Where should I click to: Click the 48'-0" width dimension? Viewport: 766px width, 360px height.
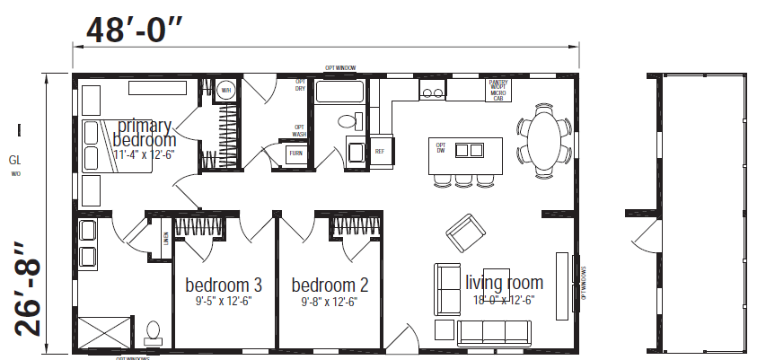pyautogui.click(x=134, y=30)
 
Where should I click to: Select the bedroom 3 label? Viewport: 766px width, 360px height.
pyautogui.click(x=224, y=285)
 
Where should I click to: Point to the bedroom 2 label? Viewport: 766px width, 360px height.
pyautogui.click(x=330, y=285)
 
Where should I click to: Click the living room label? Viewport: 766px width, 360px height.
pyautogui.click(x=504, y=283)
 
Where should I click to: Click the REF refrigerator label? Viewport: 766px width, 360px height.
pyautogui.click(x=380, y=152)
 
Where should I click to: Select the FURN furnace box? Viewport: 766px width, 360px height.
pyautogui.click(x=295, y=155)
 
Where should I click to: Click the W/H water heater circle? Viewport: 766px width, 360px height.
pyautogui.click(x=225, y=91)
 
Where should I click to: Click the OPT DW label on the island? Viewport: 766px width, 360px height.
pyautogui.click(x=441, y=147)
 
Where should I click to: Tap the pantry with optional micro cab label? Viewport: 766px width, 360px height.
pyautogui.click(x=498, y=89)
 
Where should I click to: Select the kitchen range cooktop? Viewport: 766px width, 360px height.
pyautogui.click(x=432, y=90)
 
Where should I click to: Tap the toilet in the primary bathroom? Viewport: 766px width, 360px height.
pyautogui.click(x=153, y=332)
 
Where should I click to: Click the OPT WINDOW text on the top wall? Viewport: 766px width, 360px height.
pyautogui.click(x=341, y=67)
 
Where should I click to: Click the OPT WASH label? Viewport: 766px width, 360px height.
pyautogui.click(x=300, y=131)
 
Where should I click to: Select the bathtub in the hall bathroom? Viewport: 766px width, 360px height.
pyautogui.click(x=340, y=92)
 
